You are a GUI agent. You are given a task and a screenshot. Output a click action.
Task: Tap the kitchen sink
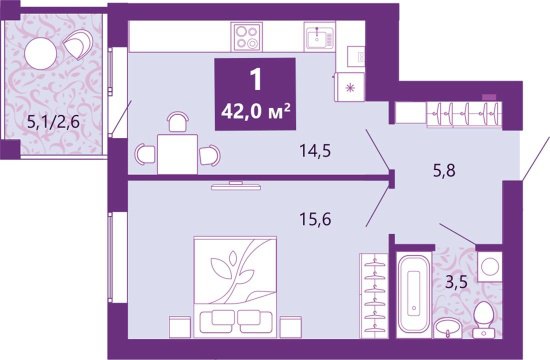[x=320, y=38]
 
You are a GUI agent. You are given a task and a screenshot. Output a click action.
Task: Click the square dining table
[x=177, y=153]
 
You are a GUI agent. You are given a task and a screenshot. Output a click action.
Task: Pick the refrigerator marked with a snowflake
[x=350, y=86]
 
